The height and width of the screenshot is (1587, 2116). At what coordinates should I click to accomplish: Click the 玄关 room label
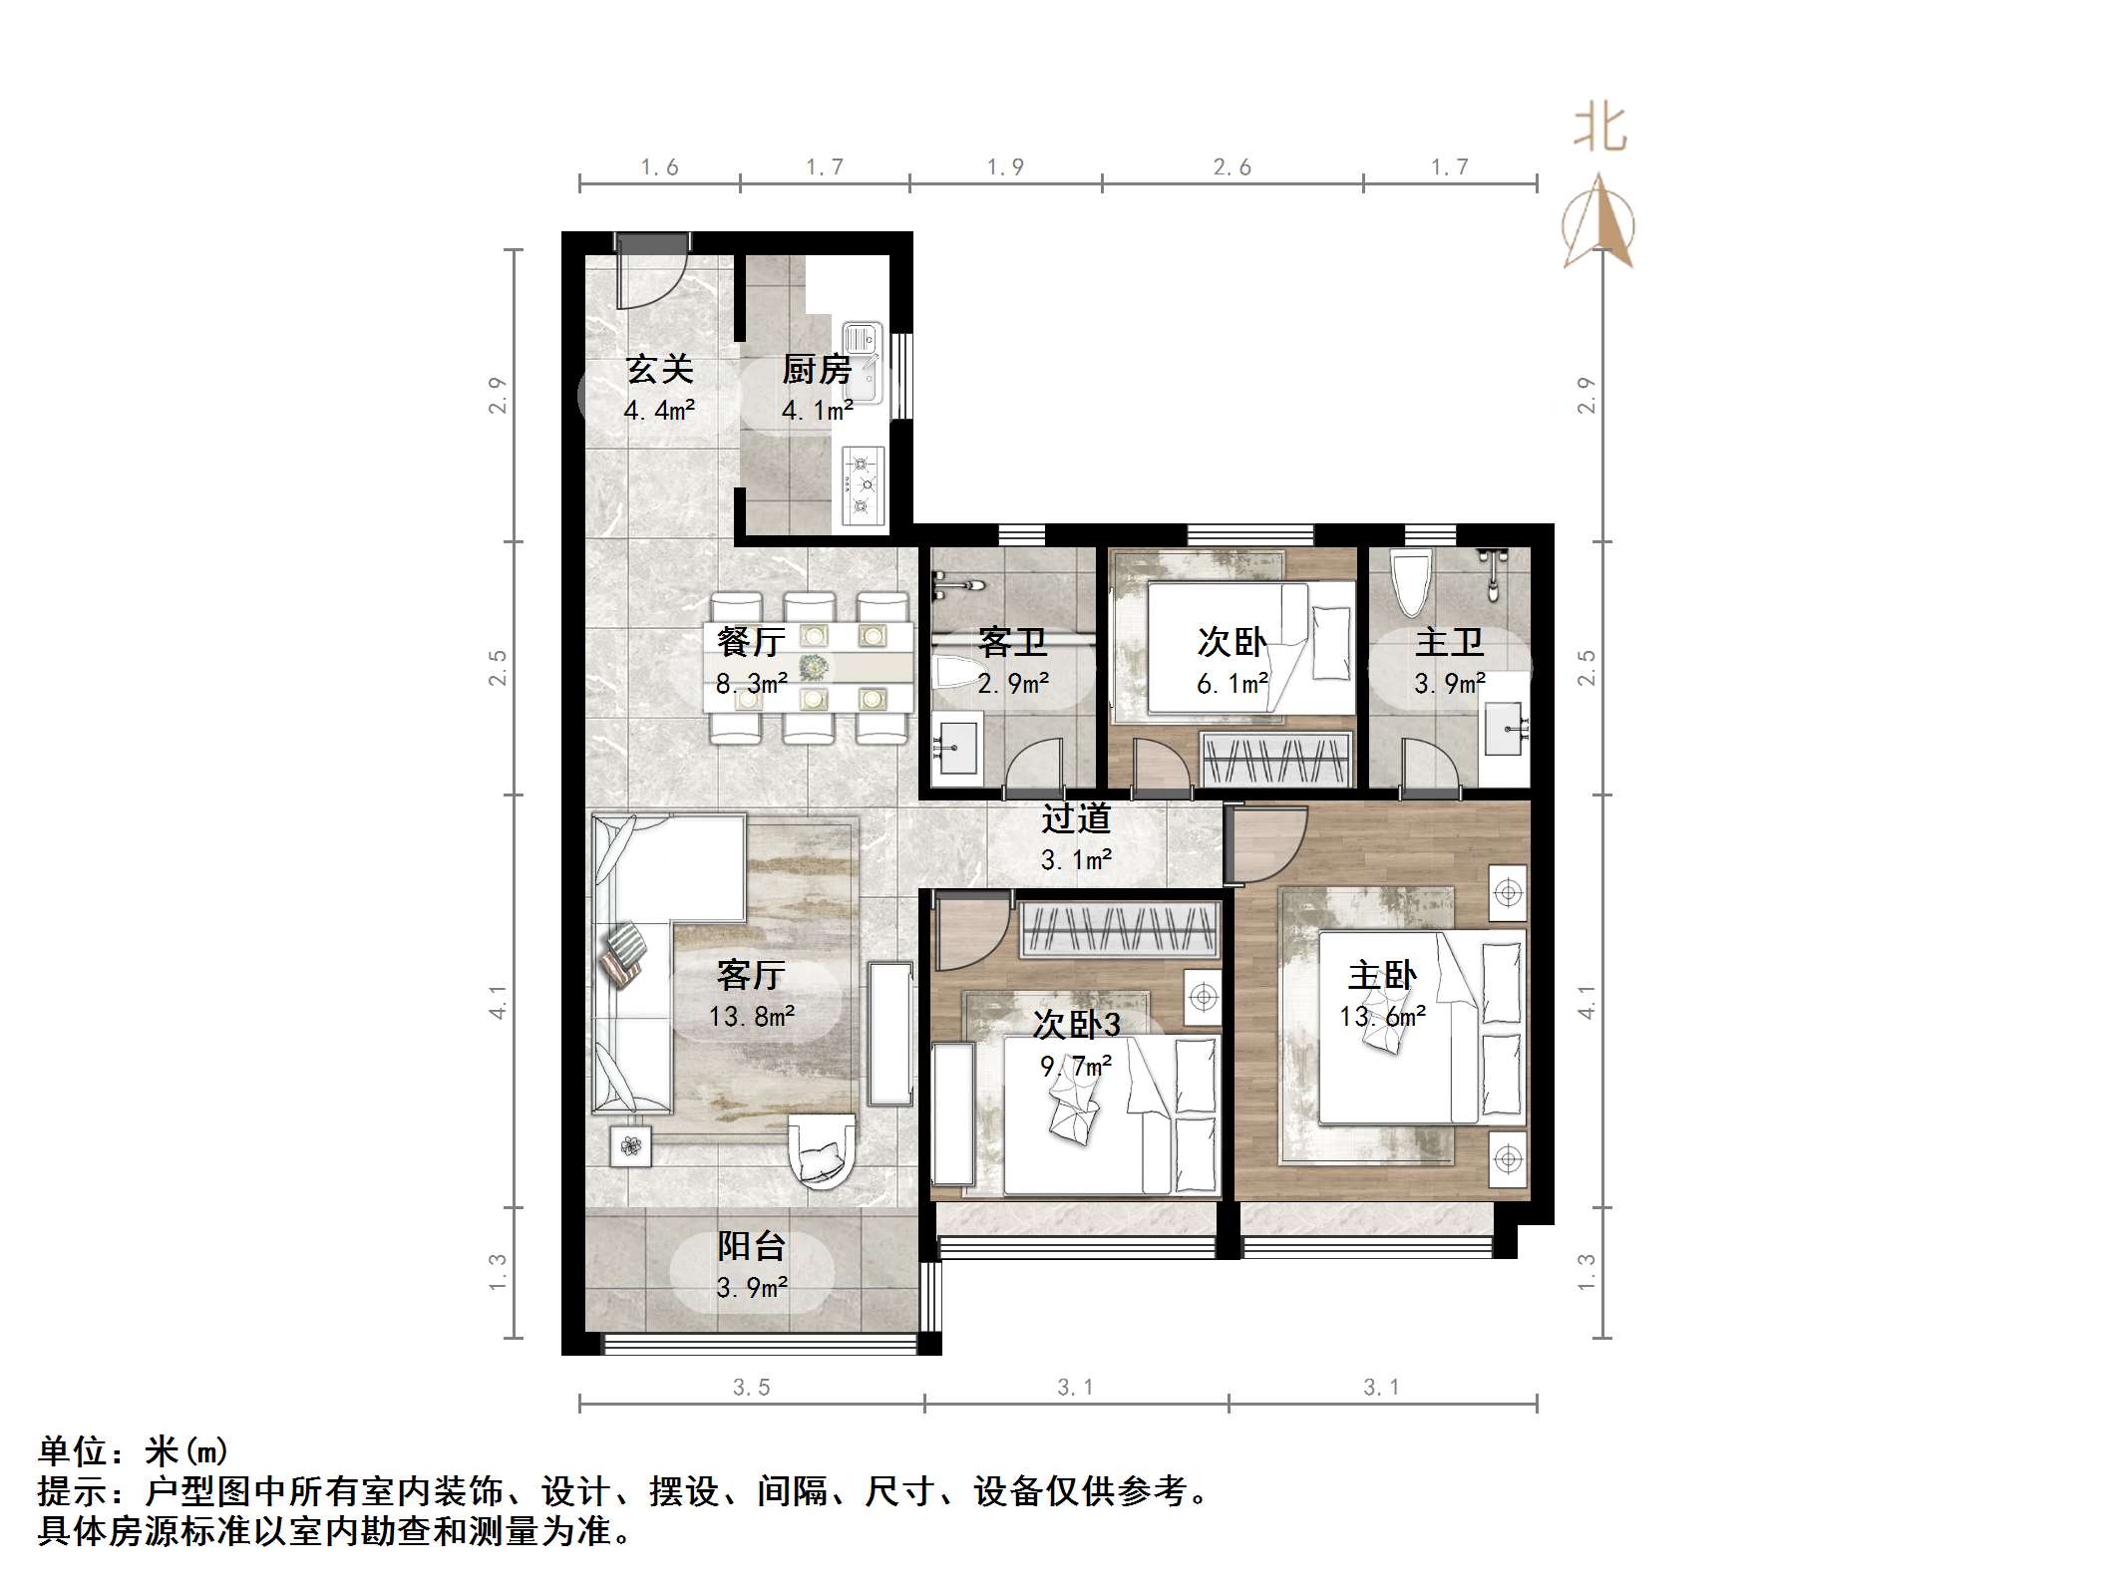(659, 370)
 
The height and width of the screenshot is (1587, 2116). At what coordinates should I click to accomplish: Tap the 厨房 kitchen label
(817, 370)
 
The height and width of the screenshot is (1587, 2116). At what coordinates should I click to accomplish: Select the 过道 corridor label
(1076, 818)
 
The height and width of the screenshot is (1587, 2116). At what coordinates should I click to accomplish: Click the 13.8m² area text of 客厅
(752, 1017)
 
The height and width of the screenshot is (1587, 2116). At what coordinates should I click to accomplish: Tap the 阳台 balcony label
(752, 1246)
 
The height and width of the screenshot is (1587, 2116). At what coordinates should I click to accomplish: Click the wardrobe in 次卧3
(1119, 931)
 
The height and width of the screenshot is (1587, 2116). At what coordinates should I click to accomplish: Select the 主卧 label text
(1382, 975)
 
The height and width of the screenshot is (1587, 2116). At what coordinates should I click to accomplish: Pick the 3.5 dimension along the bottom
(751, 1388)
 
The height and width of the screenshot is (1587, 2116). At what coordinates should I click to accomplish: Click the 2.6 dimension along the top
(1232, 167)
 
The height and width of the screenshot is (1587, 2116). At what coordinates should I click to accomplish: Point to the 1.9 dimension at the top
(1005, 167)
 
